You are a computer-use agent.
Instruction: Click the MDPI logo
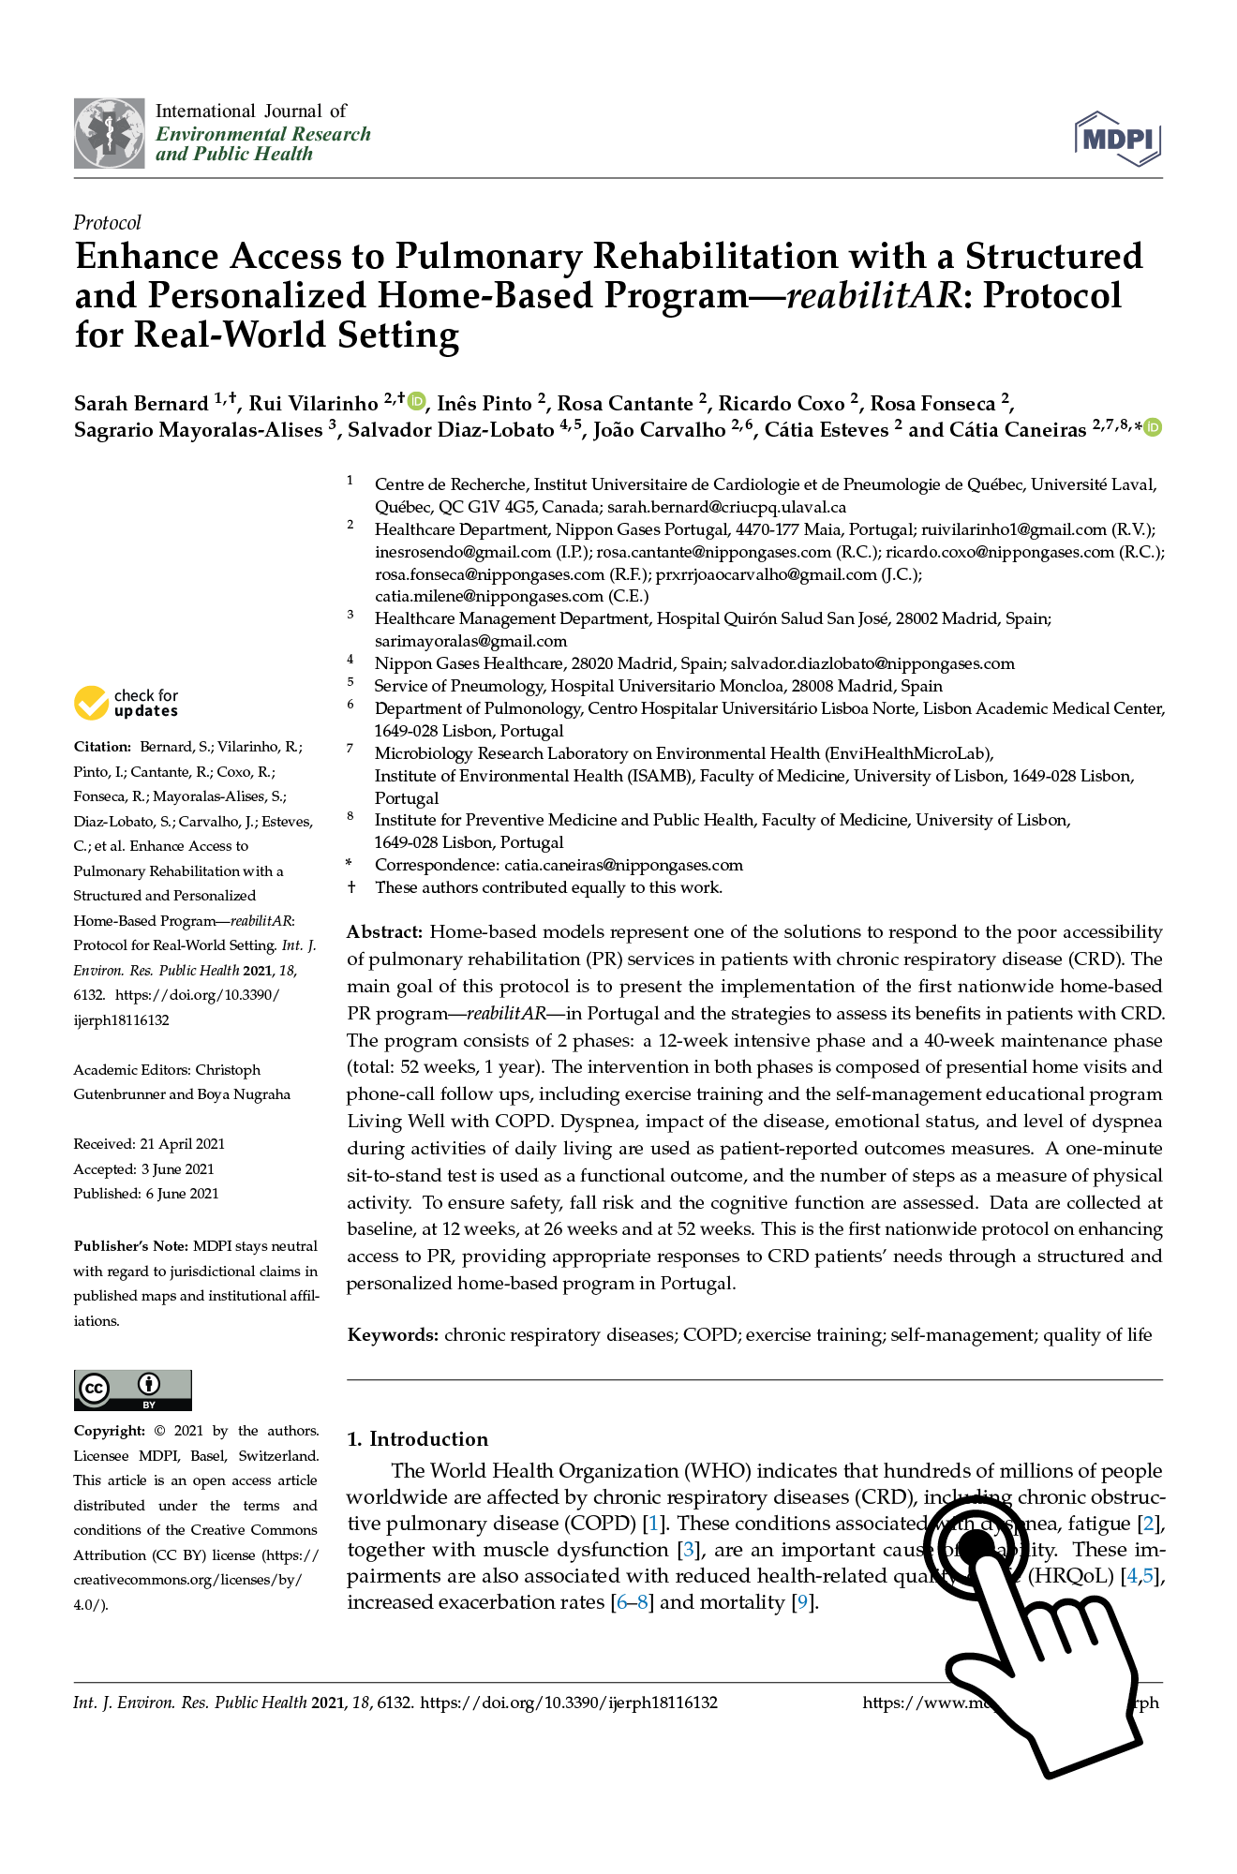pos(1118,139)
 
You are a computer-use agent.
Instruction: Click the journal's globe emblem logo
pos(110,133)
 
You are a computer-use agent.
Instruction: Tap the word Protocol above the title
pos(107,223)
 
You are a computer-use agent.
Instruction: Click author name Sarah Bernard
pos(141,404)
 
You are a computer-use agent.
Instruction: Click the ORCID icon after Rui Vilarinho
pos(417,401)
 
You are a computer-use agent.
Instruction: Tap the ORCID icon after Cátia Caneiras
pos(1153,427)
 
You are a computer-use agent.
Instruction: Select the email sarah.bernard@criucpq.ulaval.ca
pos(726,507)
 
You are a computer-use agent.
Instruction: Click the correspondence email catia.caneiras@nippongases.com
pos(623,865)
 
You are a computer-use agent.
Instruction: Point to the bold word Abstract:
pos(384,932)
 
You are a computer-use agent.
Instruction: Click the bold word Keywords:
pos(393,1335)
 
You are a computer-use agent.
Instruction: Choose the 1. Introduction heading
pos(417,1439)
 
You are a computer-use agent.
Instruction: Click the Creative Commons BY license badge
pos(133,1390)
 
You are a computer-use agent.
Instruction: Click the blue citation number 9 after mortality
pos(801,1602)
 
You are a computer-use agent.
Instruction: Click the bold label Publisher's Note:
pos(131,1246)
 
